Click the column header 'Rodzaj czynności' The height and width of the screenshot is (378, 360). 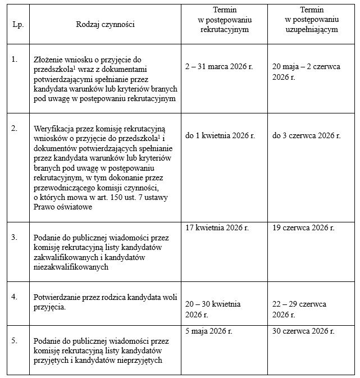[106, 24]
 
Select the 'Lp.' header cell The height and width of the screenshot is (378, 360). [17, 25]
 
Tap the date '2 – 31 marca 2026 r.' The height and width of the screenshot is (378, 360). [219, 66]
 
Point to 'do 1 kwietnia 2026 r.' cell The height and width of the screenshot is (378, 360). [220, 136]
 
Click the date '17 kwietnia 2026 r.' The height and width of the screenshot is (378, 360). [217, 227]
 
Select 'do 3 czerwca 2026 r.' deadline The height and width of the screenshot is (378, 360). [306, 136]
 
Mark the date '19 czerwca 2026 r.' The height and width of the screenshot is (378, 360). [303, 227]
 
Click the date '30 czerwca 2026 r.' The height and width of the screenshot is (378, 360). [303, 331]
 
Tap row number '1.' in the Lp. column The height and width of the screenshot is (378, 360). [15, 58]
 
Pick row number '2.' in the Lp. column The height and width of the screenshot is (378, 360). [15, 127]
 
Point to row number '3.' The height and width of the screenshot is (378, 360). [15, 237]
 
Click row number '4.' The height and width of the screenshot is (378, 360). [15, 296]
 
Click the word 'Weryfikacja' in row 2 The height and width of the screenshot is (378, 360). [54, 128]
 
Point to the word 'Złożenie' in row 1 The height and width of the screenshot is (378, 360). [49, 58]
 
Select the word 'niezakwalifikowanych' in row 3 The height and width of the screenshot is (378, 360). [71, 267]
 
